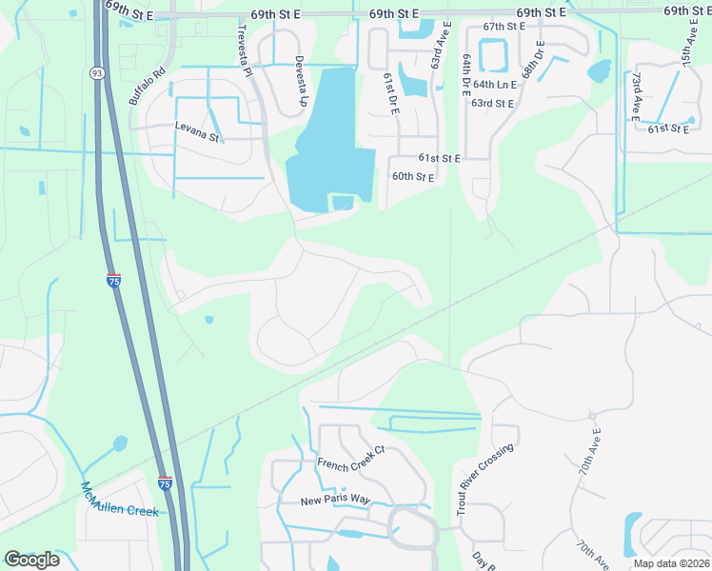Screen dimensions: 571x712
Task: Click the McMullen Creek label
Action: (119, 500)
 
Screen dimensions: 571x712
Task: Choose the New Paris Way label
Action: (335, 501)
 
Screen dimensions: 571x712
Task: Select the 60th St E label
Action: (413, 177)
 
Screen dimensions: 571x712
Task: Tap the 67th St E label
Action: (504, 27)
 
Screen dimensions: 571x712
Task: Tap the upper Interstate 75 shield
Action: (114, 281)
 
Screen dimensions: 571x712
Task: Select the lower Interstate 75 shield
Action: (165, 483)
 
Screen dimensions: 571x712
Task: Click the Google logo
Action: (31, 560)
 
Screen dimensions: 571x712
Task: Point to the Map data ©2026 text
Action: (670, 563)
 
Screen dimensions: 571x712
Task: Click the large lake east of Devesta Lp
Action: (328, 143)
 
